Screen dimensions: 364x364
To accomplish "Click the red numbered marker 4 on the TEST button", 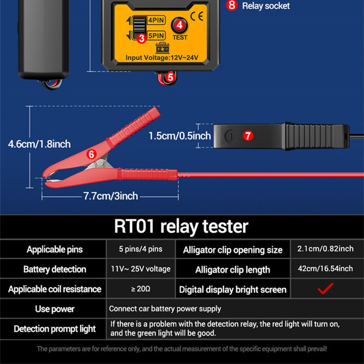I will click(x=179, y=25).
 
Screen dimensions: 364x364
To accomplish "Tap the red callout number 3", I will click(x=142, y=37).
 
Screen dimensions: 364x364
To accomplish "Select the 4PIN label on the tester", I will click(x=156, y=20).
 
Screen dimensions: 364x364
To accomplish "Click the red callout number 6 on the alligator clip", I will click(x=91, y=154).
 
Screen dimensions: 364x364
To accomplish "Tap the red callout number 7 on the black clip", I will click(x=248, y=136).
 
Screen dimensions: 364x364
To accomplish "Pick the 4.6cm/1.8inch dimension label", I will click(x=39, y=144).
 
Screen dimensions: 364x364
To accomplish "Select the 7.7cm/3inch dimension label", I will click(x=111, y=196).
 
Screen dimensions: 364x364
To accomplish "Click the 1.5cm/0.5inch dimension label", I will click(x=180, y=136).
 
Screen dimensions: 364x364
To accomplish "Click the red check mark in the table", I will click(x=325, y=289).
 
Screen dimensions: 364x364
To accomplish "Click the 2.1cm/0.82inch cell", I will click(x=325, y=249).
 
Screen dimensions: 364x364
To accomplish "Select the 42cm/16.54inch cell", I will click(x=325, y=269).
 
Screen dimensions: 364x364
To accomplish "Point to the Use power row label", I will click(x=55, y=309).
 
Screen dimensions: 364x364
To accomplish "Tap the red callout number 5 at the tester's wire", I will click(x=170, y=77).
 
